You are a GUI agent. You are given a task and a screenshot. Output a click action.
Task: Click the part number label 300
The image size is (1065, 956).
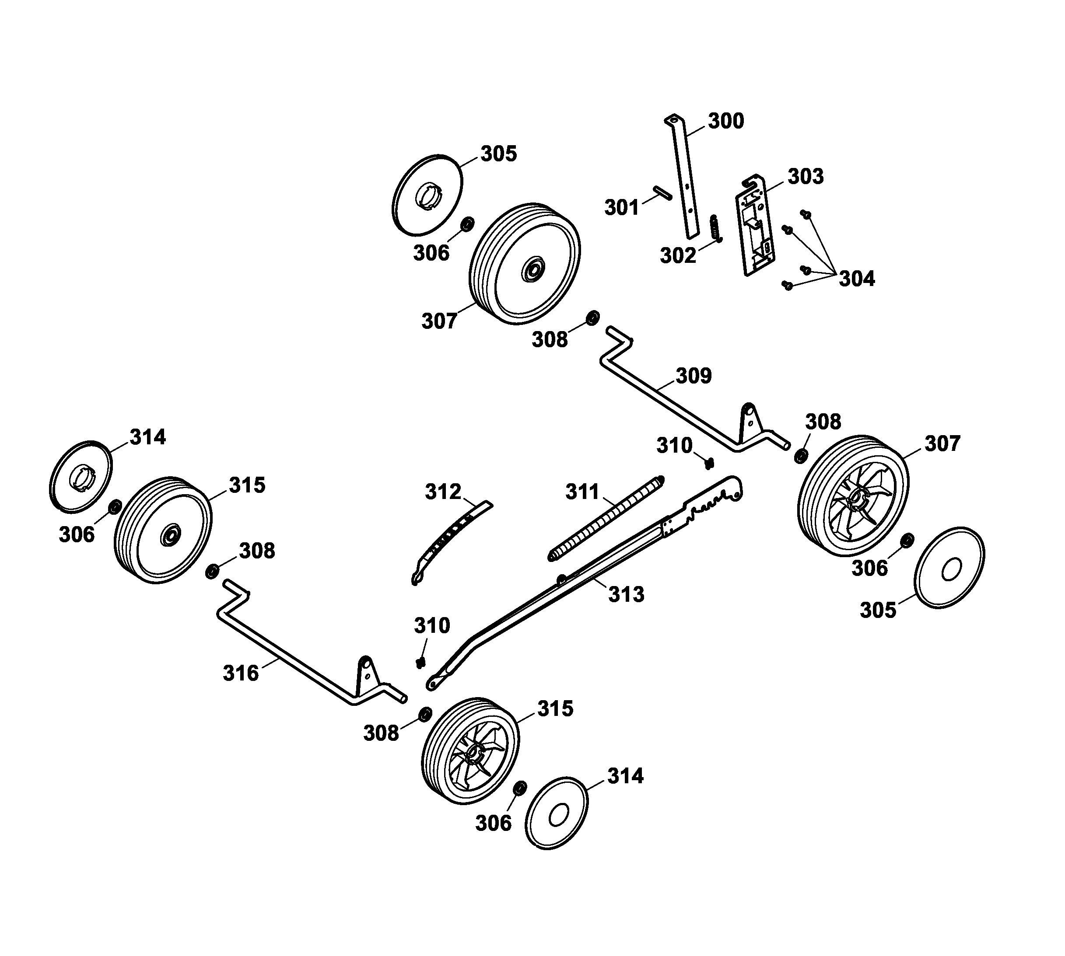(x=725, y=121)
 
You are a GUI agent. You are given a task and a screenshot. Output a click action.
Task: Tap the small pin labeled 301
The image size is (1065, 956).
(x=662, y=192)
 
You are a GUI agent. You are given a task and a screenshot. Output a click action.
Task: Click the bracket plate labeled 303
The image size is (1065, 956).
(x=756, y=226)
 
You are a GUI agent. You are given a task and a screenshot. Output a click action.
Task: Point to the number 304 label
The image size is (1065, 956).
(x=856, y=279)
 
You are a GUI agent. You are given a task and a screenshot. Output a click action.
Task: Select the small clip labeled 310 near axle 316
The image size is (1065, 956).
(x=420, y=663)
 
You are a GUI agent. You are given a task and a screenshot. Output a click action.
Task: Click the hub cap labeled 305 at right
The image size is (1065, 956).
(x=949, y=569)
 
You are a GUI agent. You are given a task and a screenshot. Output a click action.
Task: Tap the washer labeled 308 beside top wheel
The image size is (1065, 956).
(x=592, y=318)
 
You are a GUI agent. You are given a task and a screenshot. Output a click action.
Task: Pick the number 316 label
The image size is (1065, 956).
(x=241, y=673)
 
